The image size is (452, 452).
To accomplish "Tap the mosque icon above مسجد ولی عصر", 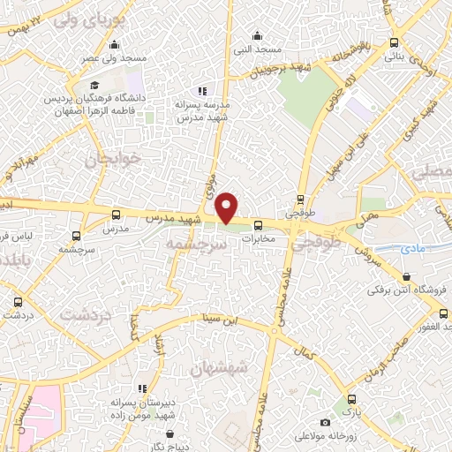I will [113, 45].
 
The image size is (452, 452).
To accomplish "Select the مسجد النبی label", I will [257, 49].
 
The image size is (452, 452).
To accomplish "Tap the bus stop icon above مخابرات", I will [259, 225].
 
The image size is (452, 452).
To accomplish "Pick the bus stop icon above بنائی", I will [393, 42].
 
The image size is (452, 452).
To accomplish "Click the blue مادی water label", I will [412, 250].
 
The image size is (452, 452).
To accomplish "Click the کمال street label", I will [306, 353].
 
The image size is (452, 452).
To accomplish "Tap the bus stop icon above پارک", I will [351, 399].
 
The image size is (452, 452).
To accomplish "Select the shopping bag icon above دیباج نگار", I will [169, 434].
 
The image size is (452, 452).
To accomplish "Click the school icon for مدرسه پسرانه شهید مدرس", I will [202, 91].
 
